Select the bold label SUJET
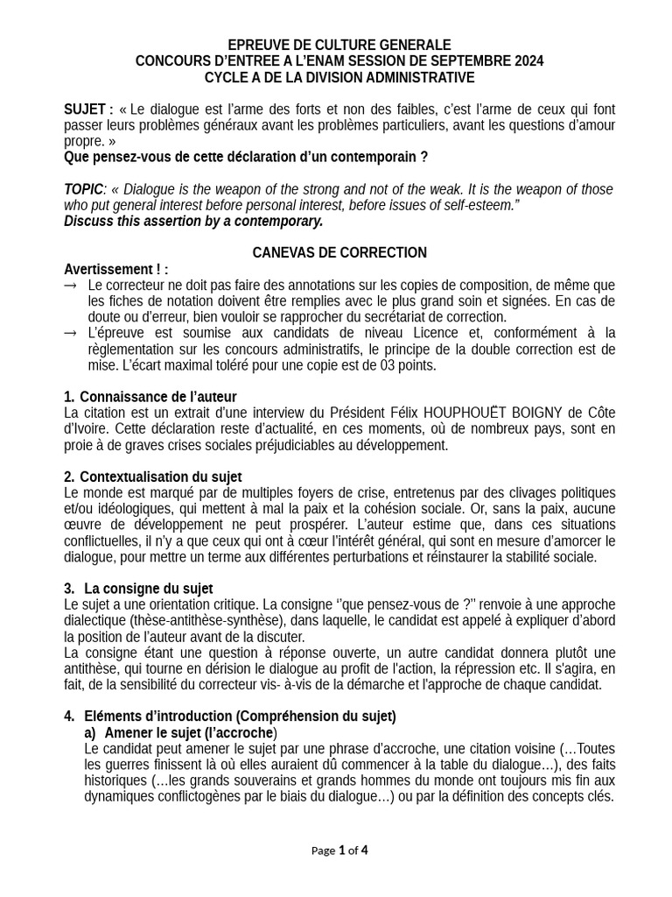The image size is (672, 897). click(x=85, y=109)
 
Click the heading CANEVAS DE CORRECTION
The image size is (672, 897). click(x=339, y=252)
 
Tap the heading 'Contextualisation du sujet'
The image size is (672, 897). click(x=160, y=477)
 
